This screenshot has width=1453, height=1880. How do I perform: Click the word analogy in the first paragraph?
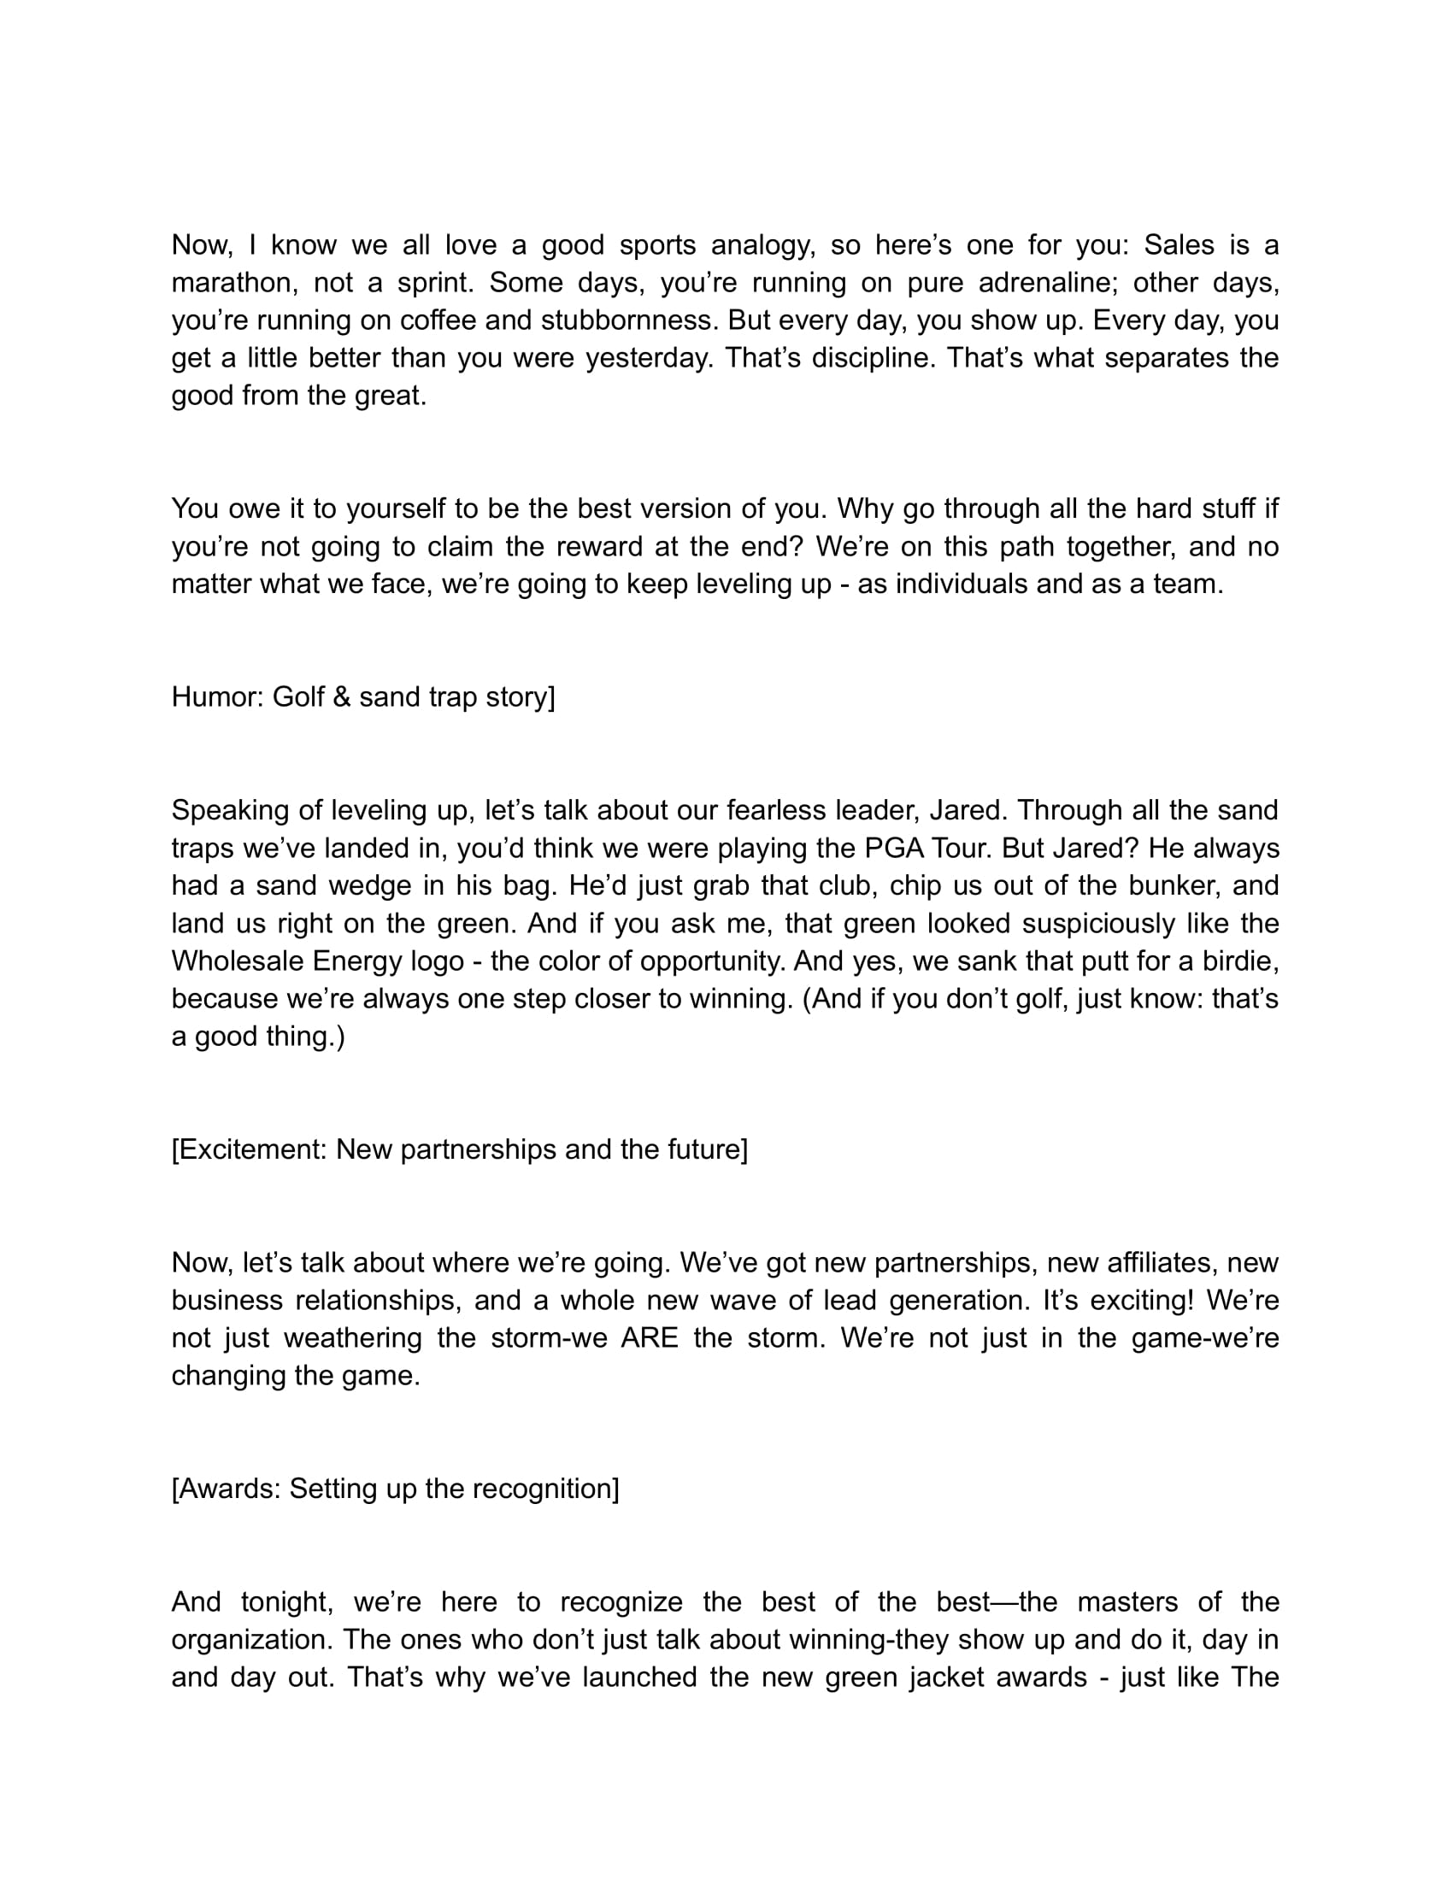click(762, 245)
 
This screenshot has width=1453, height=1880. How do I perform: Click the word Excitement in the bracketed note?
click(250, 1149)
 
